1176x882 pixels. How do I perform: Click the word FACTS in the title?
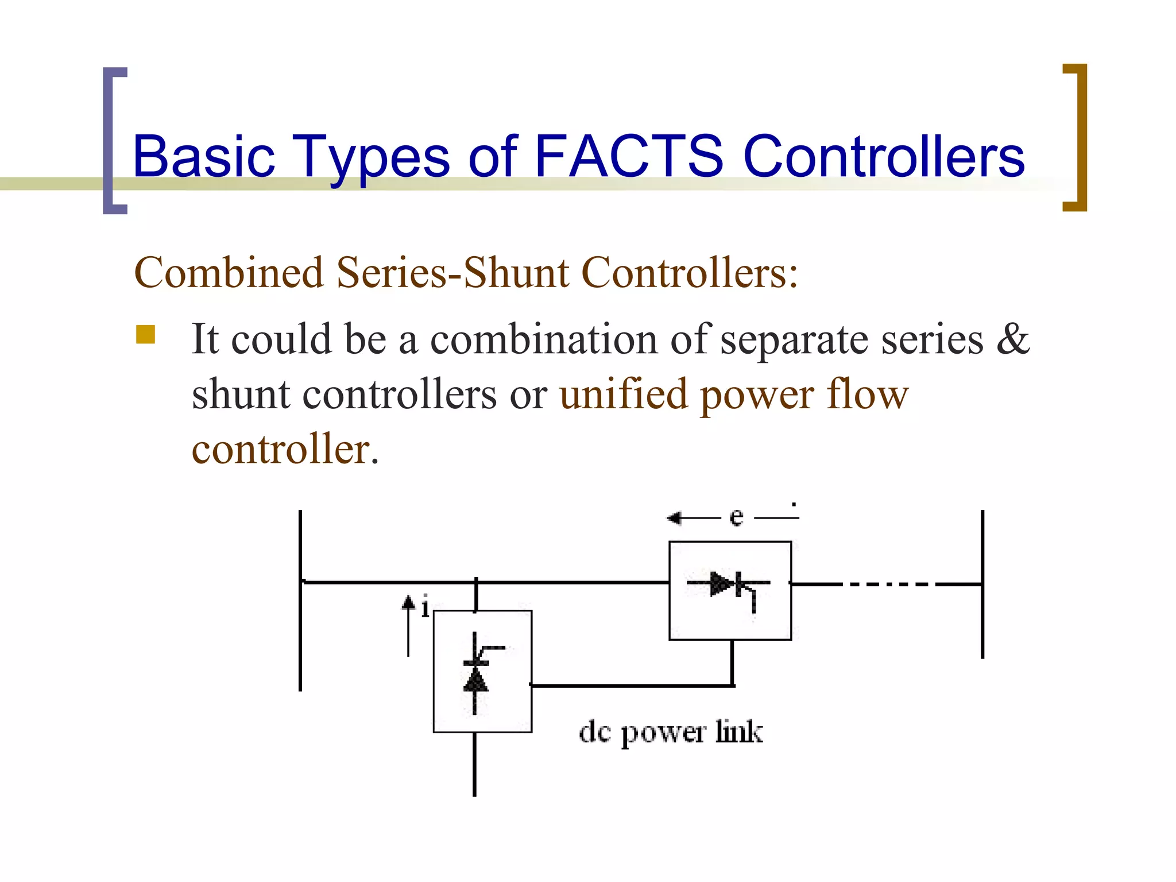tap(628, 156)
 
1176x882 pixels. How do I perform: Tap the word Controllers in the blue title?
tap(884, 157)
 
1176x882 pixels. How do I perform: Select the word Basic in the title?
tap(204, 157)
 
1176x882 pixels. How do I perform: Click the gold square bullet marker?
tap(146, 334)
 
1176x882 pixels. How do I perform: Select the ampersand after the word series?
tap(1013, 339)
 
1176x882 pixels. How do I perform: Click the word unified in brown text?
tap(624, 394)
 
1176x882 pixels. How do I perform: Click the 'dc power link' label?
tap(671, 732)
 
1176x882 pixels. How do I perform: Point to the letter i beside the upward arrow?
tap(425, 607)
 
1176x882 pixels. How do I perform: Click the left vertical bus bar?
tap(300, 600)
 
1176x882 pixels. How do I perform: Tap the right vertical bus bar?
tap(982, 584)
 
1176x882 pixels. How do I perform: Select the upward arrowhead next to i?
tap(408, 602)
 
